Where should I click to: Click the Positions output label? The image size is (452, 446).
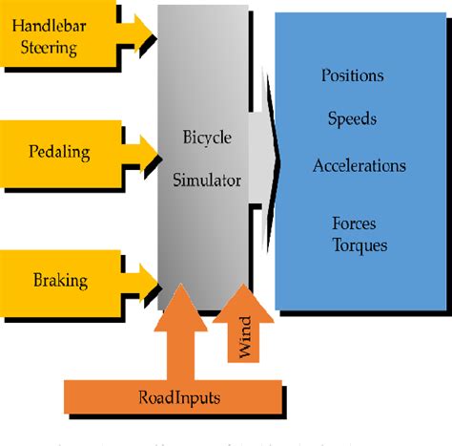(x=352, y=75)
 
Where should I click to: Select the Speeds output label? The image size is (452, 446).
(x=352, y=119)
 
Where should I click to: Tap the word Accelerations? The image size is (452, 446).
(x=359, y=165)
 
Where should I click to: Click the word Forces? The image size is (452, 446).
(x=354, y=223)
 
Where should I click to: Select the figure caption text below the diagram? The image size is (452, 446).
(x=226, y=438)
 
